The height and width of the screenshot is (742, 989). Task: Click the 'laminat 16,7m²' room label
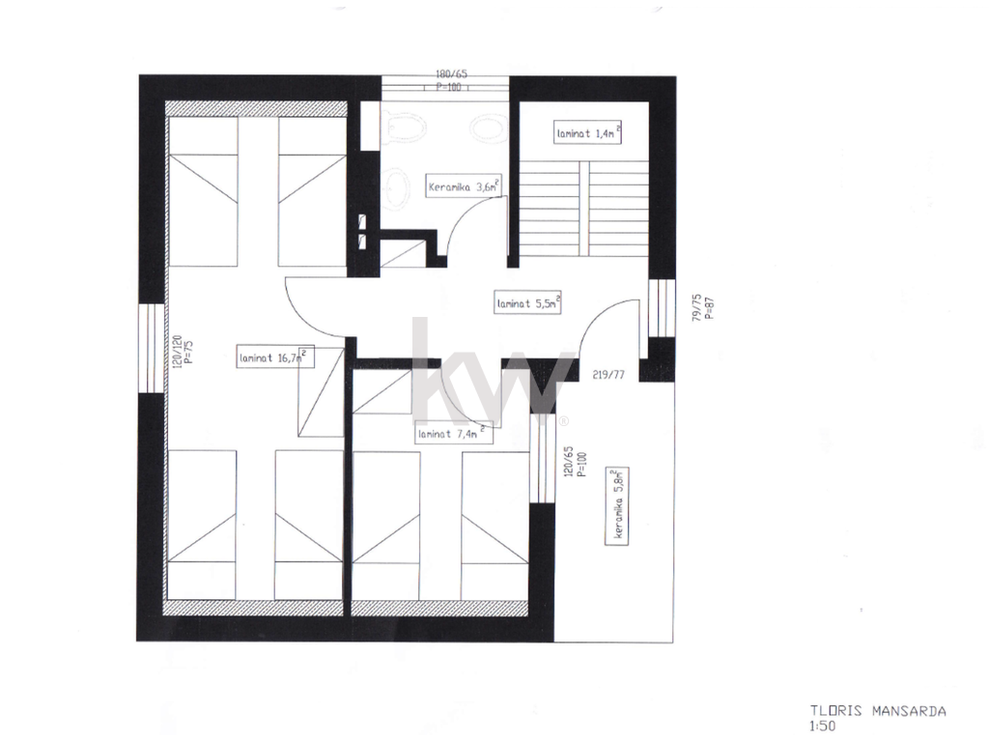(275, 357)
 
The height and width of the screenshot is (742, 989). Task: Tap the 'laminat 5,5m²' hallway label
(528, 302)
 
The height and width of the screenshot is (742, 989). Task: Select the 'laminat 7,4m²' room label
(455, 434)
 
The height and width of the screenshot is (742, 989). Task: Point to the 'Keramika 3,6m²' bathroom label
(464, 186)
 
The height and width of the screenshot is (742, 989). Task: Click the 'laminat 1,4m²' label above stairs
(588, 133)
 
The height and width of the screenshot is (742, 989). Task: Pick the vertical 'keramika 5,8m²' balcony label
(617, 505)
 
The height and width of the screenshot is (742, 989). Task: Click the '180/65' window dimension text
(452, 74)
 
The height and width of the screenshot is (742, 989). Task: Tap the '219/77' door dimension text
(608, 375)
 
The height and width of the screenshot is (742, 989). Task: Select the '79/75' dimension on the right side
(697, 307)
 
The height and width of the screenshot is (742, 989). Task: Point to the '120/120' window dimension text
(178, 352)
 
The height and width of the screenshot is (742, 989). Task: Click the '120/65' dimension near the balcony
(568, 462)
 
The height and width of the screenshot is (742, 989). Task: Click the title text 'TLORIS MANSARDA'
(878, 711)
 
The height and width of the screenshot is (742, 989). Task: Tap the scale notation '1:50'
(823, 727)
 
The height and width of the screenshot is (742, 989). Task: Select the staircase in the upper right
(584, 209)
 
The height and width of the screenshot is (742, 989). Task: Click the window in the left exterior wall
(152, 348)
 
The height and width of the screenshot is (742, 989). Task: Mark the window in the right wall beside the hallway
(662, 308)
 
